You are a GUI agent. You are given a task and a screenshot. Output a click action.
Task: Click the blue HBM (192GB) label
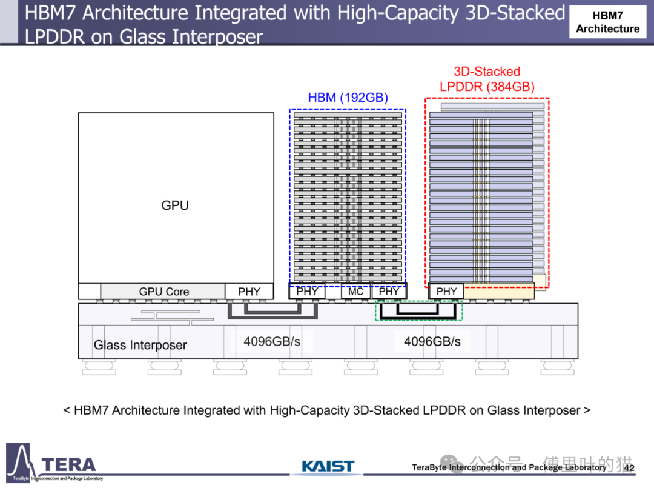coord(348,98)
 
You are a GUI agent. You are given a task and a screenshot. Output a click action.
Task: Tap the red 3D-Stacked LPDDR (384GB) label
coord(487,79)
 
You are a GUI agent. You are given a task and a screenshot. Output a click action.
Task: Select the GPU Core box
coord(163,292)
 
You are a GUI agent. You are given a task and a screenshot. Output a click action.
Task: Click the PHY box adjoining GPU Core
coord(249,292)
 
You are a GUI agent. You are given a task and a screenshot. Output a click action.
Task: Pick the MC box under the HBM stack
coord(355,292)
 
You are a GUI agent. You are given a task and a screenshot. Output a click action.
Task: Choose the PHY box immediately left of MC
coord(307,292)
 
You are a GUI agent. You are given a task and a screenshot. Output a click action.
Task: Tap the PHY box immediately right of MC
coord(389,292)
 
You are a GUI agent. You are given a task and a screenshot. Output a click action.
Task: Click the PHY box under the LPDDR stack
coord(446,292)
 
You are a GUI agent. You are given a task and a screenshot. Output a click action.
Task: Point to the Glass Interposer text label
coord(140,345)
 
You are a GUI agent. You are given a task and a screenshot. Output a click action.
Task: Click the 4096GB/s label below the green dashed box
coord(432,341)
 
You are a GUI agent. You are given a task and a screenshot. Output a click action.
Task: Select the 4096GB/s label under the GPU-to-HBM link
coord(272,341)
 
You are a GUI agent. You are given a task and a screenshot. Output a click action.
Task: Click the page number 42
coord(629,467)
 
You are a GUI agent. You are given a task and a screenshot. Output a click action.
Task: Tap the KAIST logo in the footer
coord(328,466)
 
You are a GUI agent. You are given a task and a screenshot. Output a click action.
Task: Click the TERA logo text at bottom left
coord(68,465)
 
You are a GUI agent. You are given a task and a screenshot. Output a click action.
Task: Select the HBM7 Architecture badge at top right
coord(607,22)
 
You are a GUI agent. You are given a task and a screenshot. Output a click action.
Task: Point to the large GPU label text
coord(175,205)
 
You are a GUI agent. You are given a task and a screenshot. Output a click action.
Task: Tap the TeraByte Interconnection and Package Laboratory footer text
coord(509,467)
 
